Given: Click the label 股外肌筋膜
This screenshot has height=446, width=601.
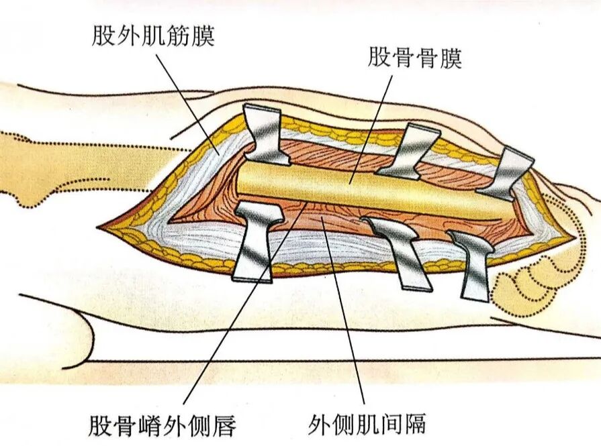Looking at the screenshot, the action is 153,36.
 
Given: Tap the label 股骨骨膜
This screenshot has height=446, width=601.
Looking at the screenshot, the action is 415,58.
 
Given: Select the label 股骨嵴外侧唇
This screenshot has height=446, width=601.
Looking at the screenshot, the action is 162,425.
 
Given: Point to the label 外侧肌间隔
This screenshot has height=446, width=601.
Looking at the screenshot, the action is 367,423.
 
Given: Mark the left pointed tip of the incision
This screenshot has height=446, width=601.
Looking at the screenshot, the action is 97,226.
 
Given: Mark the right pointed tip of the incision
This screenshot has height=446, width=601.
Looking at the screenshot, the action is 575,237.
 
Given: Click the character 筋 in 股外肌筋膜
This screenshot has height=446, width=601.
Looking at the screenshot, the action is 177,36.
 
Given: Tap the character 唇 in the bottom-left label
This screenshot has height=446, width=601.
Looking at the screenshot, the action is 224,425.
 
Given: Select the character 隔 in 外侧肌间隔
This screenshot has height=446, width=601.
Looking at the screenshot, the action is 415,423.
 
